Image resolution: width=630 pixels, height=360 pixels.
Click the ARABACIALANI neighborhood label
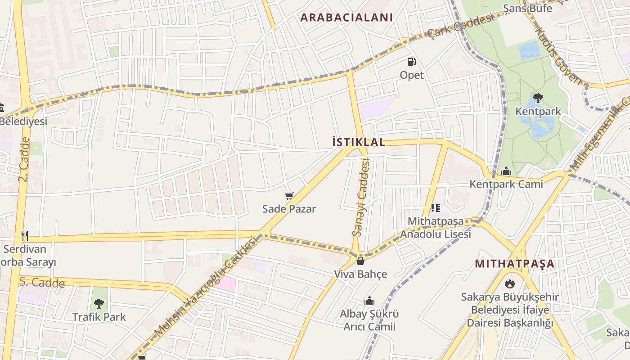tap(346, 18)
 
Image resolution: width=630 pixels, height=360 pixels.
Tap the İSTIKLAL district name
tap(359, 142)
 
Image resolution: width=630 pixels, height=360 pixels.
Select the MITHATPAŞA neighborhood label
tap(515, 263)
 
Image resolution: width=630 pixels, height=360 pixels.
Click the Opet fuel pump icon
tap(412, 62)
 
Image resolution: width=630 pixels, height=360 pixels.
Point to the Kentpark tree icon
tap(538, 98)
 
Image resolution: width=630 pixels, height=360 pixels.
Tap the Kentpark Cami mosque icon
tap(506, 171)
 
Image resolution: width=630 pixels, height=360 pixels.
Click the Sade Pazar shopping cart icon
tap(289, 196)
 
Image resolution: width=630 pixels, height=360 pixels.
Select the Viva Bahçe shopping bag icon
tap(360, 261)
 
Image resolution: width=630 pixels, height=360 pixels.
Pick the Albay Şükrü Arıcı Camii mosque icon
tap(369, 301)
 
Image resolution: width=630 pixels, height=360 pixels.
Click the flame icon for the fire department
tap(509, 283)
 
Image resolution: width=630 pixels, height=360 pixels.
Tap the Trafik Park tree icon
tap(99, 304)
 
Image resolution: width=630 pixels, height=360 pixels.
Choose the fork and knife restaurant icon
tap(25, 235)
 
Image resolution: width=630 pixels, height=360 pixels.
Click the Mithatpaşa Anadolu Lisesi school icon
tap(435, 208)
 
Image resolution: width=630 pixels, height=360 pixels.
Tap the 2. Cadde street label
tap(24, 159)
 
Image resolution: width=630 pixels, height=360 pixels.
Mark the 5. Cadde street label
tap(42, 283)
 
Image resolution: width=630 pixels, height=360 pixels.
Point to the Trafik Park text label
tap(99, 317)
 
